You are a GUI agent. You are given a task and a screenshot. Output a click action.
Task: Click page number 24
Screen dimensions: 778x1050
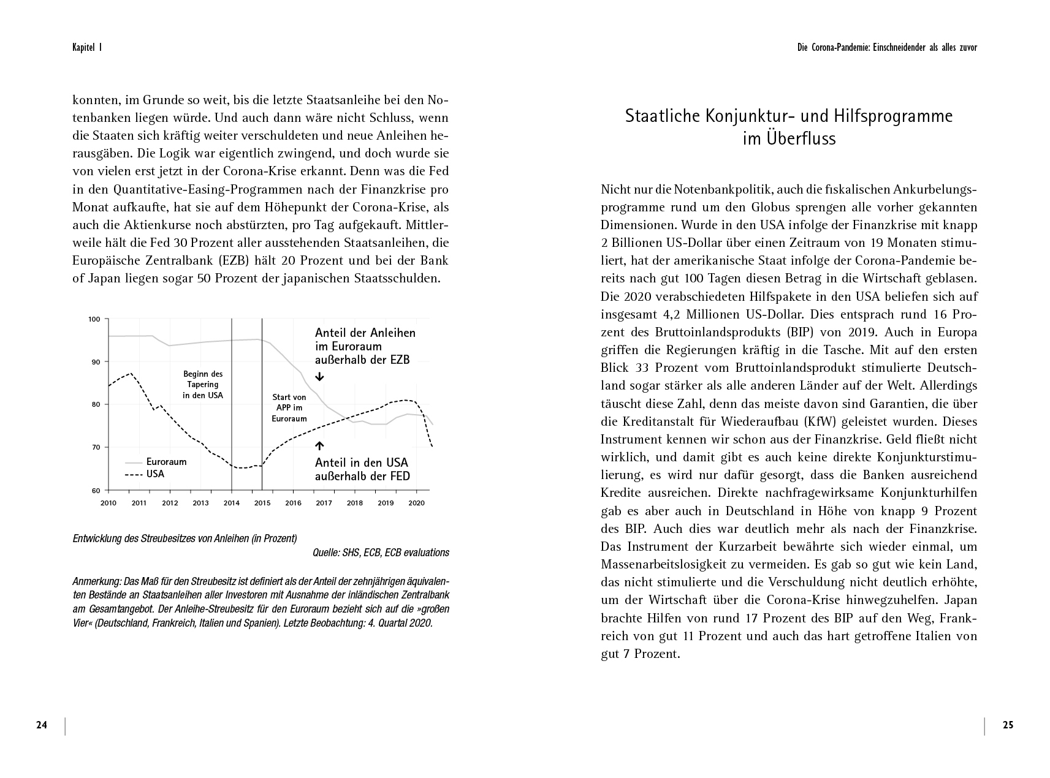(42, 725)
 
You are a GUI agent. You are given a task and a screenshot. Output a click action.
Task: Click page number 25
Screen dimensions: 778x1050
(1008, 725)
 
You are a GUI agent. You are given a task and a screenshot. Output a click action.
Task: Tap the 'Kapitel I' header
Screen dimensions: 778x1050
(86, 47)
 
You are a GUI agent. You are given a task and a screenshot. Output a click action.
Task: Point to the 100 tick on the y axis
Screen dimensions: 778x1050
(94, 319)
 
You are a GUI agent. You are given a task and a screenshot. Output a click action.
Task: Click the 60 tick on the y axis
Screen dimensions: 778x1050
(96, 490)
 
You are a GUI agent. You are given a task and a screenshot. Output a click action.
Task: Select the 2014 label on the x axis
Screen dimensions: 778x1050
(231, 503)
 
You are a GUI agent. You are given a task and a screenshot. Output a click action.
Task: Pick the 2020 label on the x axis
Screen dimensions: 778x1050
(416, 503)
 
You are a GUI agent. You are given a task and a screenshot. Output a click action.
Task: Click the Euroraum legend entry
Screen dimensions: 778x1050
(166, 462)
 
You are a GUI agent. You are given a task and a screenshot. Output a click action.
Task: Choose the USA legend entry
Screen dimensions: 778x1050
(155, 474)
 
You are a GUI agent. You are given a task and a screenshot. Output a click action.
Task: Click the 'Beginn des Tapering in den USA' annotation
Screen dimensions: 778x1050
(203, 385)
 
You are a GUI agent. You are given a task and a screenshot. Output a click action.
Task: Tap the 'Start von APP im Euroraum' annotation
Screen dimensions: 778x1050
(289, 408)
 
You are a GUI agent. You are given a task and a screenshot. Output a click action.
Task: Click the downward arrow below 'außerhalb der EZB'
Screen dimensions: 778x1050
(319, 377)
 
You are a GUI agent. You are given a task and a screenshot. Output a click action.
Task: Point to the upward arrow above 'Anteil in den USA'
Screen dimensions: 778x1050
(319, 446)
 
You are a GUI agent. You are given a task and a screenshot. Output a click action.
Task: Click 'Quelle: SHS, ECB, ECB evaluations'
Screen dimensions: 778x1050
(381, 553)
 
